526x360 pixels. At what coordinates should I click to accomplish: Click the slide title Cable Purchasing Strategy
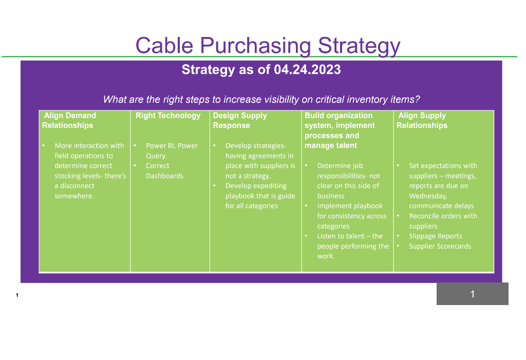pyautogui.click(x=268, y=45)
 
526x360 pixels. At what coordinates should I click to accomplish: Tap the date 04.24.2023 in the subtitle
pyautogui.click(x=307, y=69)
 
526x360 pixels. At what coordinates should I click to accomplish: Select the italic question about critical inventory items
pyautogui.click(x=261, y=99)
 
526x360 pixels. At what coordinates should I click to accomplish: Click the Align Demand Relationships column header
pyautogui.click(x=69, y=121)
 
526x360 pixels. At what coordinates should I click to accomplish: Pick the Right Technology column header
pyautogui.click(x=168, y=116)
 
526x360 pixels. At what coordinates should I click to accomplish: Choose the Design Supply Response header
pyautogui.click(x=240, y=121)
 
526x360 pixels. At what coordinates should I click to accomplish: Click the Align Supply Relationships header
pyautogui.click(x=422, y=121)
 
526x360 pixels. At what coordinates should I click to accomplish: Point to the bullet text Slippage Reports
pyautogui.click(x=436, y=236)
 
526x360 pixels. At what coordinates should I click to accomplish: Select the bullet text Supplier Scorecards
pyautogui.click(x=440, y=246)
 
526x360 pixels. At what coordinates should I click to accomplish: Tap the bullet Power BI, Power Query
pyautogui.click(x=172, y=150)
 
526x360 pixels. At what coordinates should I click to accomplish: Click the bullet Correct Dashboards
pyautogui.click(x=164, y=171)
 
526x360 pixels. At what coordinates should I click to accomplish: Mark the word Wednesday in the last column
pyautogui.click(x=428, y=196)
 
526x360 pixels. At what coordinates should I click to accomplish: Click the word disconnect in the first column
pyautogui.click(x=77, y=185)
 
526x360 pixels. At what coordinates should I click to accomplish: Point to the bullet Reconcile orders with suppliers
pyautogui.click(x=443, y=221)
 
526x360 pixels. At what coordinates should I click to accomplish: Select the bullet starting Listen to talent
pyautogui.click(x=353, y=246)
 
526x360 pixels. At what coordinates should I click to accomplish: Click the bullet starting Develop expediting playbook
pyautogui.click(x=260, y=196)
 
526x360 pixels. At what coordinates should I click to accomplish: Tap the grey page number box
pyautogui.click(x=473, y=294)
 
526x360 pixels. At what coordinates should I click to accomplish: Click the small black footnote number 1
pyautogui.click(x=17, y=295)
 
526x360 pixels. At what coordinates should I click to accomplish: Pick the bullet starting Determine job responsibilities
pyautogui.click(x=349, y=180)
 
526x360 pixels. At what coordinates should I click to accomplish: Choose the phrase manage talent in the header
pyautogui.click(x=331, y=145)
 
